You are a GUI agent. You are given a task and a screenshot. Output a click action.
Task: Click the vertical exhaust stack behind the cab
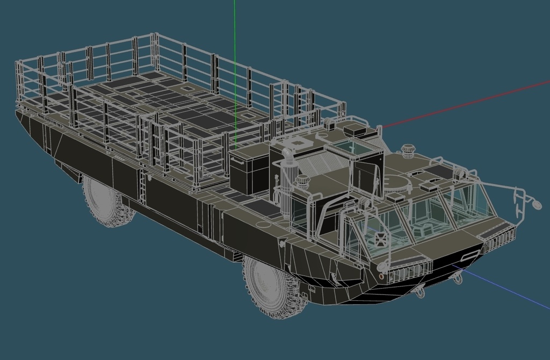(288, 172)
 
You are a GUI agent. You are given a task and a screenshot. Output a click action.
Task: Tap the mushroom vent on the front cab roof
(408, 150)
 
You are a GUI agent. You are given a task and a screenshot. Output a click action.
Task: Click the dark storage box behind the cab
(249, 172)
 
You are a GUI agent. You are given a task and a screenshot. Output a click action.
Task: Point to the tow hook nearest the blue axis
(458, 278)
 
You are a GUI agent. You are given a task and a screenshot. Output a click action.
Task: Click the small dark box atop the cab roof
(355, 129)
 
